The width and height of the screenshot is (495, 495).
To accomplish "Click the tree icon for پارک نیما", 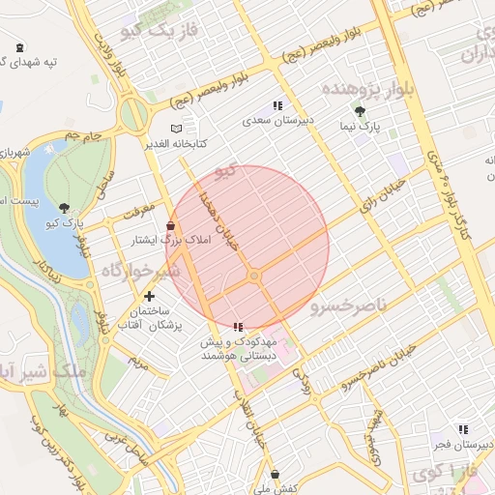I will (x=361, y=112).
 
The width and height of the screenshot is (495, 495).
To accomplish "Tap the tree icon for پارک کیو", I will (x=65, y=208).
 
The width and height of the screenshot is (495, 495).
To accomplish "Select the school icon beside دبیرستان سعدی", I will (x=277, y=105).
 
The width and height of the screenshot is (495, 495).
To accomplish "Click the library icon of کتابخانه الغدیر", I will (x=175, y=128).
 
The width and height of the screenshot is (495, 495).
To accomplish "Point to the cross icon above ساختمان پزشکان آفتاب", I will (x=149, y=296).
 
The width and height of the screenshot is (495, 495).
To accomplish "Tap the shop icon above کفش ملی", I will (x=277, y=474).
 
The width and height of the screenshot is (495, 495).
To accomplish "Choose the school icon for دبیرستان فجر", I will (x=462, y=428).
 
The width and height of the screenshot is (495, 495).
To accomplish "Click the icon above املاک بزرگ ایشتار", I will (x=171, y=225).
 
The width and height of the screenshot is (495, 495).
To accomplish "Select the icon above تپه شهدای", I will (x=21, y=47).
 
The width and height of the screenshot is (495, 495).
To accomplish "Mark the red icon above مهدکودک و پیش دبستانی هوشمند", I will (x=238, y=327).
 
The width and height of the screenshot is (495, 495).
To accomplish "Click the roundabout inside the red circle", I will (x=254, y=277).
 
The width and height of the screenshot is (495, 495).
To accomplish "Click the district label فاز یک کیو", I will (x=160, y=31).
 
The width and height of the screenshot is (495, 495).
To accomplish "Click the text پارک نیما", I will (x=366, y=127).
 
